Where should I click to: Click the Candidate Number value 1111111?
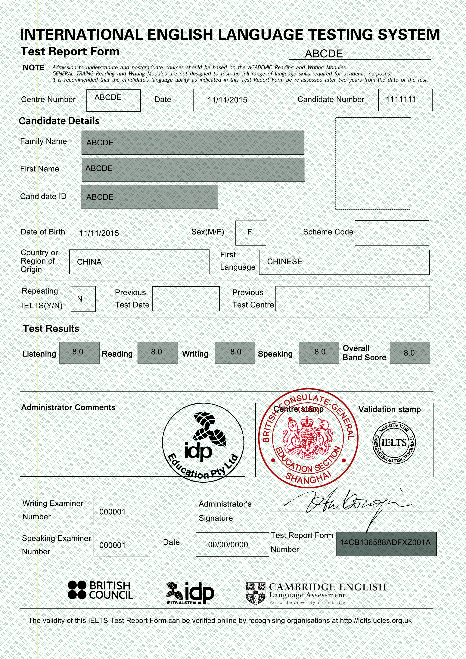click(401, 99)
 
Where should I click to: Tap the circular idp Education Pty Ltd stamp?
click(203, 443)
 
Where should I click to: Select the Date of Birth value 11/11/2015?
click(99, 233)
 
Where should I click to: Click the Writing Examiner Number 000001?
click(113, 512)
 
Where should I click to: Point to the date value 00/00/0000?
click(228, 544)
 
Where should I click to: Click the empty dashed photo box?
click(372, 163)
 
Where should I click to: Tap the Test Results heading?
click(51, 328)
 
